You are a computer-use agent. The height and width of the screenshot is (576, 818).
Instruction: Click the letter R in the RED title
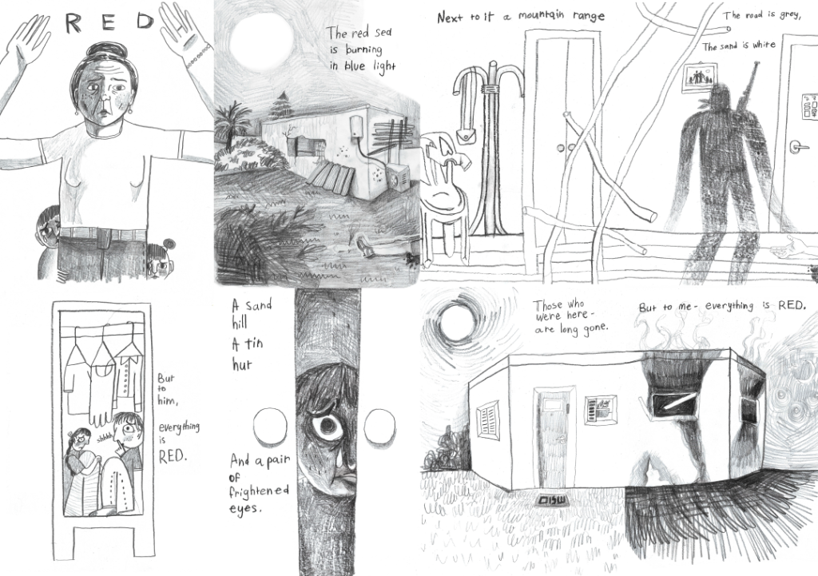74,23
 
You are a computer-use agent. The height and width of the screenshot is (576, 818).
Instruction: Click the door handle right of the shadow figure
798,147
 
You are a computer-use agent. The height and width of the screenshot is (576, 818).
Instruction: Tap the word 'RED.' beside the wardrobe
172,456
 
